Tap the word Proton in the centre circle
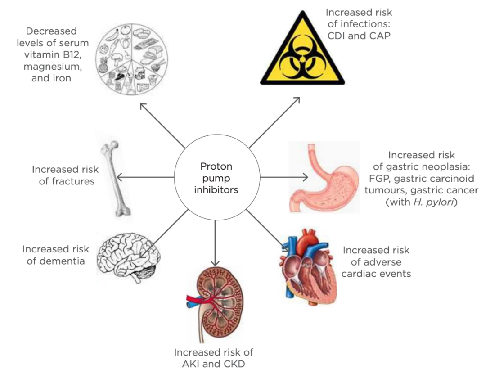click(x=216, y=166)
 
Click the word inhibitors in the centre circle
click(x=216, y=189)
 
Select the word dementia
click(x=56, y=261)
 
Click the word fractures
click(x=67, y=181)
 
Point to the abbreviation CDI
click(x=336, y=36)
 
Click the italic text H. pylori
click(x=434, y=202)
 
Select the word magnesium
click(x=53, y=67)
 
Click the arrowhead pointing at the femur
click(x=119, y=177)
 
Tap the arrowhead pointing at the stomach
click(x=305, y=177)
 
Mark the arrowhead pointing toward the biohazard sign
click(x=297, y=100)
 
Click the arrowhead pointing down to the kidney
click(x=215, y=263)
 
